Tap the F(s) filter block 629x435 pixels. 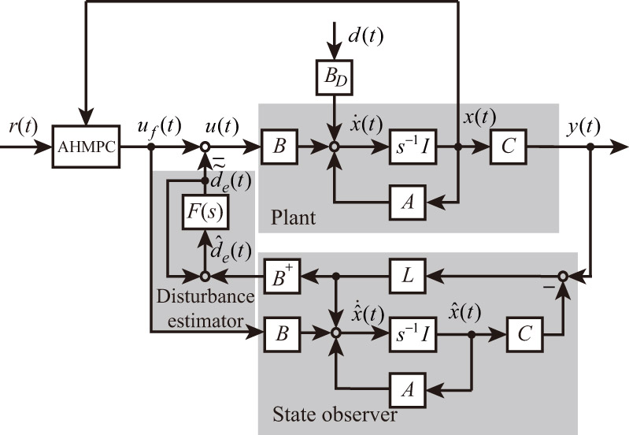205,214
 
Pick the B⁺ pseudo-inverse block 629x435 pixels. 283,276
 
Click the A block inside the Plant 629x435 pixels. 408,203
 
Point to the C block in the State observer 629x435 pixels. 523,334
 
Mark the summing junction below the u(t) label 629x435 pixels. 205,147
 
